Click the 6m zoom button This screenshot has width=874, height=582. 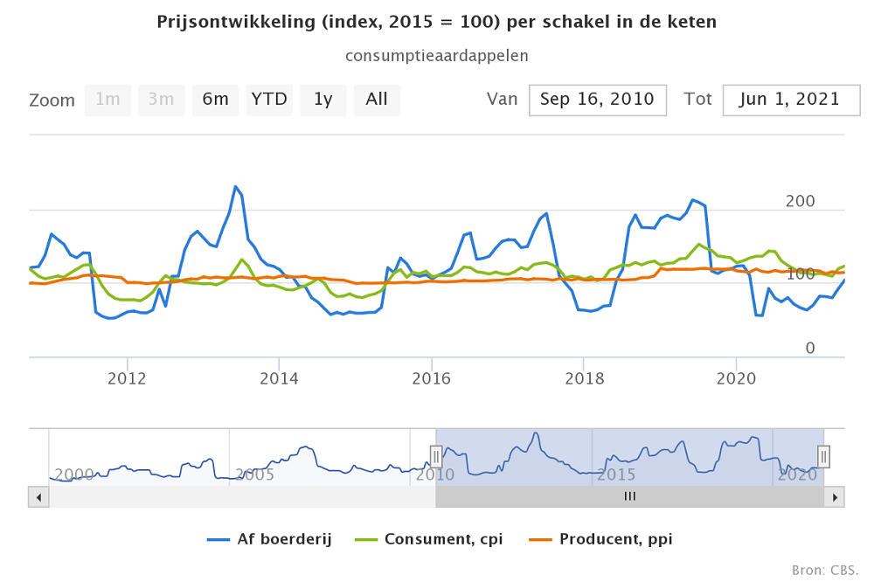tap(215, 100)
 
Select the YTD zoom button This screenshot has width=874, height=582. tap(269, 100)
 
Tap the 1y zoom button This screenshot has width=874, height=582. tap(323, 100)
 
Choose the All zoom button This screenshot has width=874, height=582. tap(377, 100)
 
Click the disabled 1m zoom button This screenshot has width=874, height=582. tap(108, 100)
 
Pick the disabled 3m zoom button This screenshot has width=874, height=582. tap(161, 100)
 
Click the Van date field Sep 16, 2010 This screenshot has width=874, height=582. tap(597, 100)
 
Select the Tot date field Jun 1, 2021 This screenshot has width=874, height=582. tap(789, 100)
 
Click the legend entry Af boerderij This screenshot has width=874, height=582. tap(270, 539)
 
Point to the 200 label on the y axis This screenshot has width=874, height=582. tap(801, 201)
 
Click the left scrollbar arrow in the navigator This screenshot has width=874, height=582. tap(38, 496)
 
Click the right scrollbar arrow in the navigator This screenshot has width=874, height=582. tap(836, 496)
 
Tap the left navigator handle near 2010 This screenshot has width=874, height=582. tap(435, 456)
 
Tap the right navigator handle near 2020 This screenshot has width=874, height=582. tap(823, 456)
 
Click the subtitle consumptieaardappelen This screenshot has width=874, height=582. tap(437, 55)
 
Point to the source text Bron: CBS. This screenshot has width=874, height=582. tap(824, 570)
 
